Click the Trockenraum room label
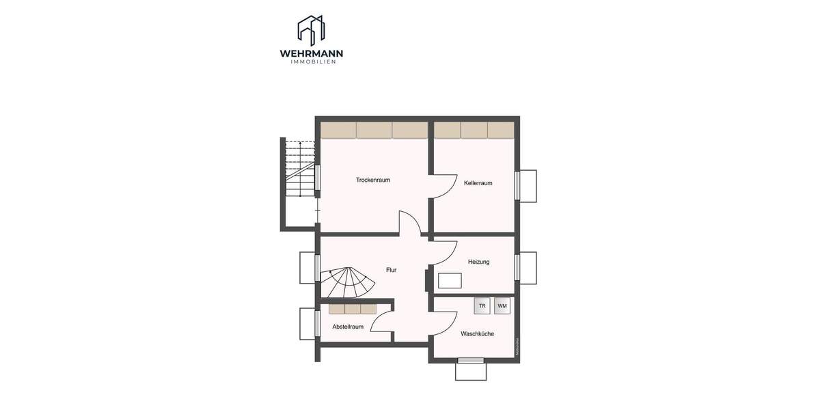[372, 180]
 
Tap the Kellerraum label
[478, 183]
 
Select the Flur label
[391, 270]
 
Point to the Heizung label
[478, 262]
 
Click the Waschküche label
[477, 334]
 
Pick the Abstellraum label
[348, 327]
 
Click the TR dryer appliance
[482, 306]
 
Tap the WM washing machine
[502, 306]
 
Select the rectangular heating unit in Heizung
[450, 281]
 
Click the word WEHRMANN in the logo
[311, 53]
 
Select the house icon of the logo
[311, 30]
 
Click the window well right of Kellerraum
[528, 186]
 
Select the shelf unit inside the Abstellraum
[353, 309]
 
